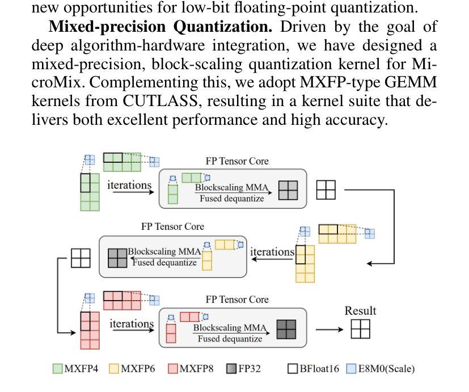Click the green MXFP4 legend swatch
tap(57, 369)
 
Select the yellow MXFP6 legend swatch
tap(113, 369)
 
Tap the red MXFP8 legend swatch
tap(173, 369)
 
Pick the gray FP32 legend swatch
tap(232, 369)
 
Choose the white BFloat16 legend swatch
tap(293, 369)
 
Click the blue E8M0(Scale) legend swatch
tap(351, 369)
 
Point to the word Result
tap(361, 311)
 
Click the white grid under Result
tap(361, 329)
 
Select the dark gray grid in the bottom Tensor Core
tap(286, 330)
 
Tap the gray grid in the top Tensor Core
tap(288, 190)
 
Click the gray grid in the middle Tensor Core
tap(117, 258)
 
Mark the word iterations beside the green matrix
tap(129, 185)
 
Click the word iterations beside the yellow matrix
tap(272, 252)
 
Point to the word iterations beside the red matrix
tap(132, 323)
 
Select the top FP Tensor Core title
tap(237, 161)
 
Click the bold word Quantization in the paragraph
tap(223, 27)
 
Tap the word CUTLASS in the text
tap(160, 101)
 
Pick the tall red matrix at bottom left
tap(90, 330)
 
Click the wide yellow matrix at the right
tap(337, 234)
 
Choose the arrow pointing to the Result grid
tap(329, 330)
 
